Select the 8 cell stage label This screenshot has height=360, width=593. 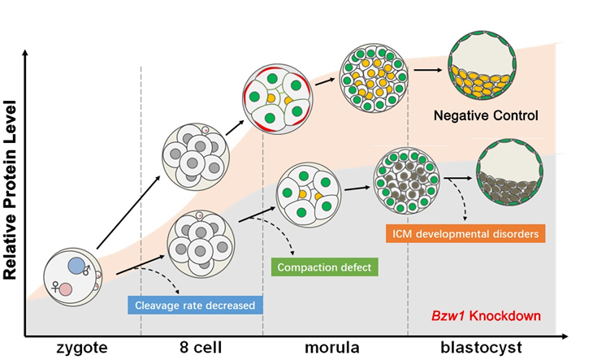point(202,348)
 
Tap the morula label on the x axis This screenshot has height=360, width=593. point(335,348)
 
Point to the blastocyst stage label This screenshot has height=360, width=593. point(491,348)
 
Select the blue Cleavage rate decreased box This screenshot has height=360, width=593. point(196,306)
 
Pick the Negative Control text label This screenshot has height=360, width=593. point(487,115)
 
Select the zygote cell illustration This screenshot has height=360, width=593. point(74,276)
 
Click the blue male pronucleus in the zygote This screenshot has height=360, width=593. point(79,265)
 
